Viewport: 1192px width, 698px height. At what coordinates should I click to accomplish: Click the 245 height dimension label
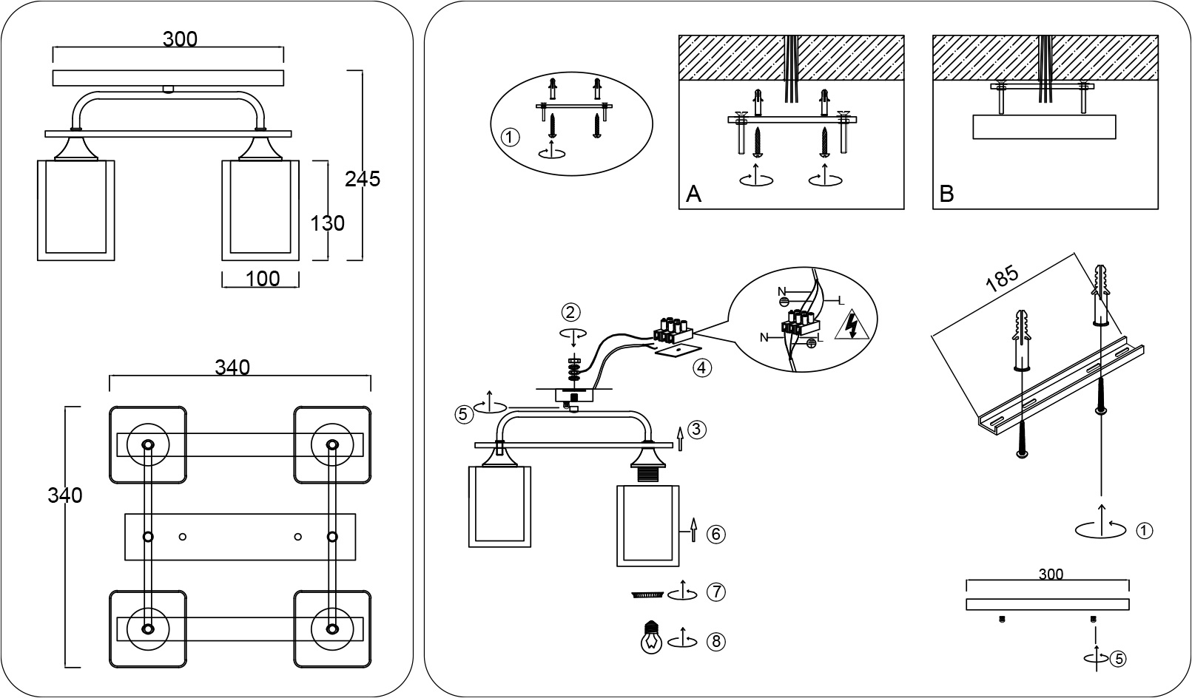[363, 179]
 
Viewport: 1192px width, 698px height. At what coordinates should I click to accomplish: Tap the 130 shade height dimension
[327, 223]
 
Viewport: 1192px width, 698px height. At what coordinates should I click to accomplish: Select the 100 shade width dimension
[263, 279]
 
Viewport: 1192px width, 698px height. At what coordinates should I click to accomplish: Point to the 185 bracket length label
[1002, 279]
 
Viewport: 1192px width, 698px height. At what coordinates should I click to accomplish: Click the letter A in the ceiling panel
[693, 194]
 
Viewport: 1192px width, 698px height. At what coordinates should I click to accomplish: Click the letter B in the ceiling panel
[946, 194]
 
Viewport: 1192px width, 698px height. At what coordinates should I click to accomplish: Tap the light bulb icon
[651, 637]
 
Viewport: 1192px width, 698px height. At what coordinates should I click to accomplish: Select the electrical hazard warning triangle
[852, 325]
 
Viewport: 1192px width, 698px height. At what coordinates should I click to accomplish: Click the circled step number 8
[716, 642]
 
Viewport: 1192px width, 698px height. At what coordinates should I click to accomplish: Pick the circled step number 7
[716, 592]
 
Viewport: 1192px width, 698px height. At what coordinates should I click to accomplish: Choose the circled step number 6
[716, 534]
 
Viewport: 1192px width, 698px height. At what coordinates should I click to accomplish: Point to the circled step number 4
[702, 367]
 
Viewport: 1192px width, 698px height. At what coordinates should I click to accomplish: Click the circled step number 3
[697, 430]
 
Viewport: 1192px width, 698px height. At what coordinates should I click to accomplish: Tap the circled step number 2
[571, 312]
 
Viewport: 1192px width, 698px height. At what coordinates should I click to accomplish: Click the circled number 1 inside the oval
[510, 138]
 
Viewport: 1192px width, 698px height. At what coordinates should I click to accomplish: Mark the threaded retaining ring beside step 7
[647, 594]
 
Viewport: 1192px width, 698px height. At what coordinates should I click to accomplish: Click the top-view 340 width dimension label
[232, 367]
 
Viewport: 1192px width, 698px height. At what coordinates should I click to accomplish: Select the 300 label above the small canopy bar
[1051, 574]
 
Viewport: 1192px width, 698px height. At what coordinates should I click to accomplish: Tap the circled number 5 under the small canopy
[1119, 660]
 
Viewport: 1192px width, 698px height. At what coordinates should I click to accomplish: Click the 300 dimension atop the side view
[180, 39]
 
